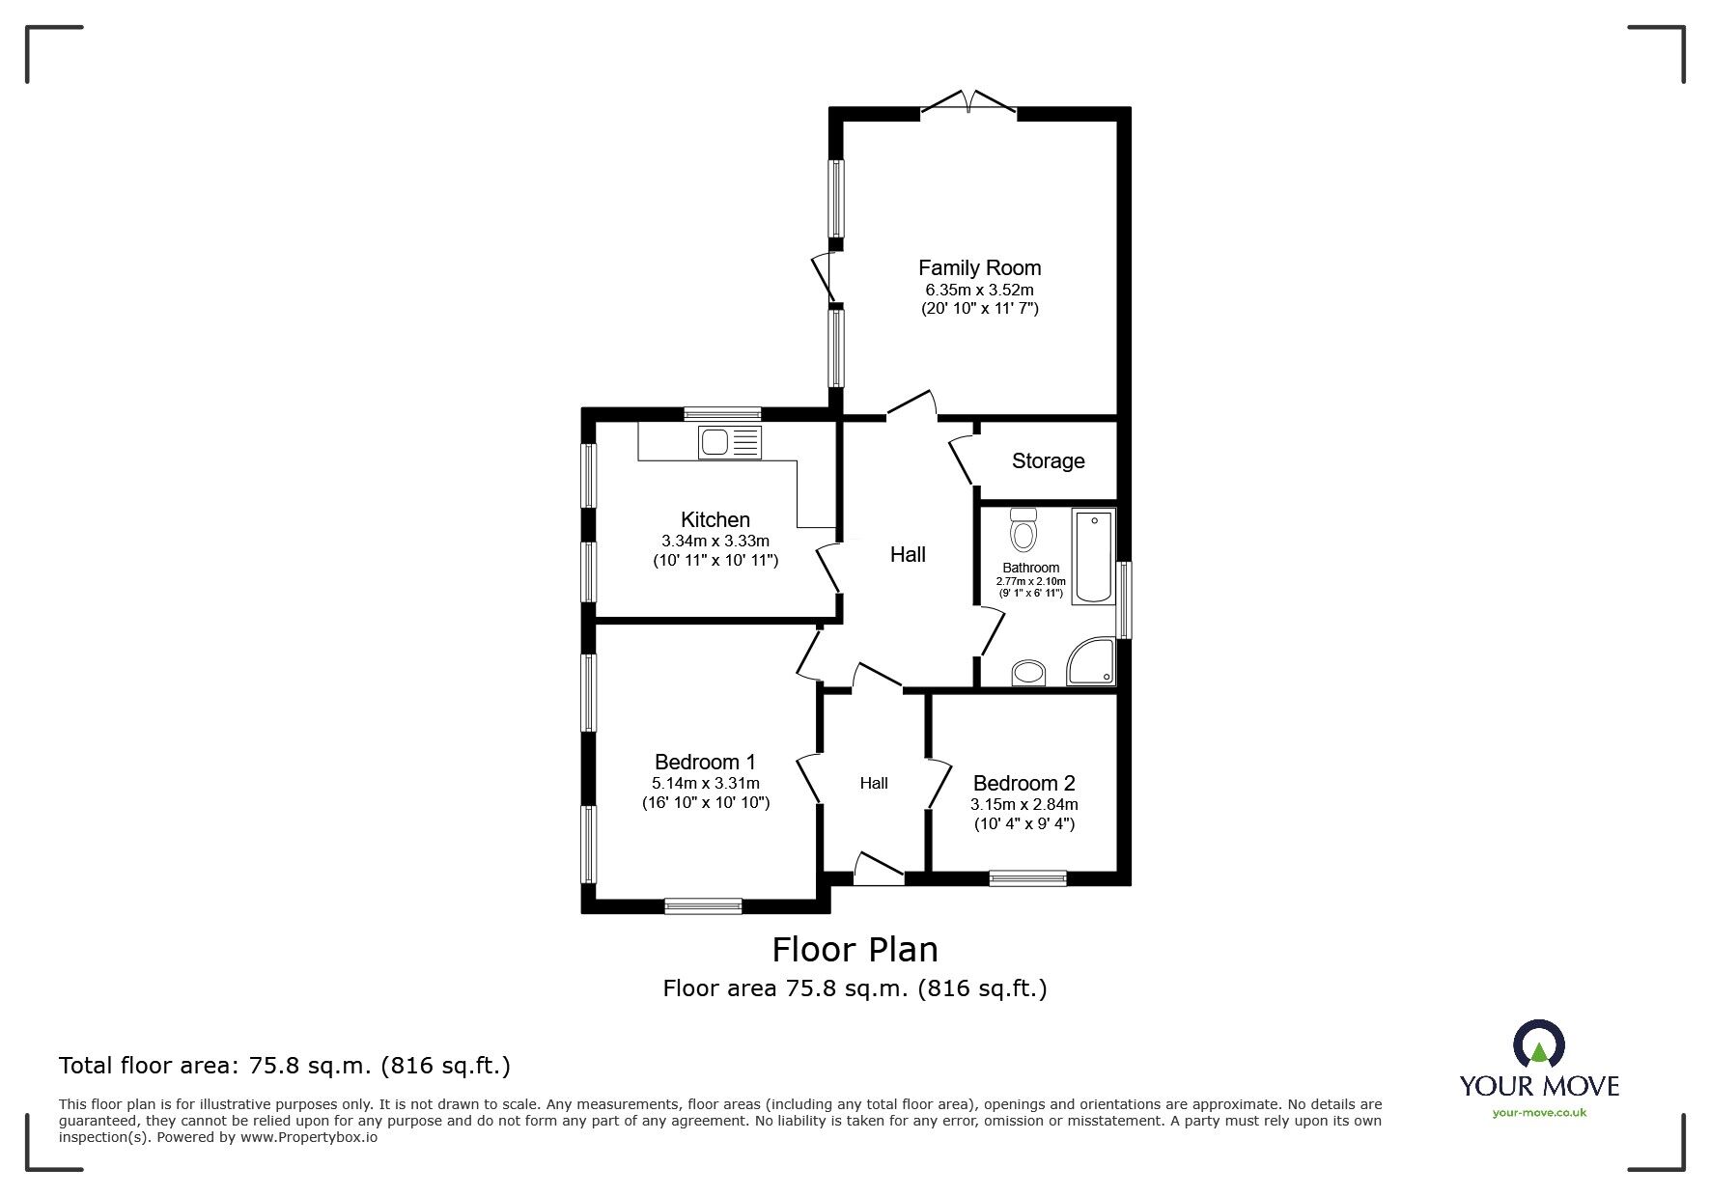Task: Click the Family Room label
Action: point(979,267)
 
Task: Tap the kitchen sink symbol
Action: point(729,442)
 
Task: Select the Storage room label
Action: point(1048,461)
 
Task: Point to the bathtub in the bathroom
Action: point(1093,556)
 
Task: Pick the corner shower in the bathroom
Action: point(1092,662)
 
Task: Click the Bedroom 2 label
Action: point(1023,783)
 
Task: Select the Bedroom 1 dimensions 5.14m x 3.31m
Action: point(705,783)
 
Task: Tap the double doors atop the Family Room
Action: point(968,103)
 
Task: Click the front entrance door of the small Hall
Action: point(879,868)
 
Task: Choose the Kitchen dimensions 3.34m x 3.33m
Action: point(715,541)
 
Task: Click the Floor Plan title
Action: point(855,950)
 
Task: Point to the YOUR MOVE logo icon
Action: point(1539,1044)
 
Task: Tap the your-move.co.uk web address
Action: point(1539,1113)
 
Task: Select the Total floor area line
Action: point(285,1066)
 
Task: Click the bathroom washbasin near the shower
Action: point(1029,673)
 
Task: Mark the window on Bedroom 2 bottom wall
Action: point(1027,877)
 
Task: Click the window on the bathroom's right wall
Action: point(1124,599)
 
